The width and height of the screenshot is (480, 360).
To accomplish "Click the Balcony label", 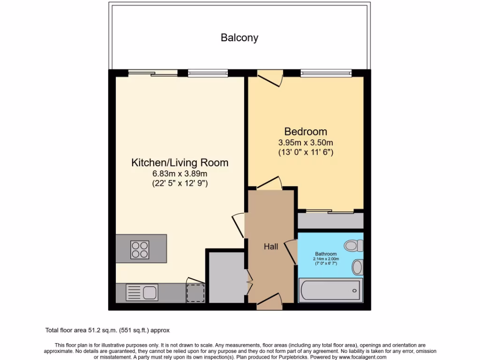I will pos(240,38).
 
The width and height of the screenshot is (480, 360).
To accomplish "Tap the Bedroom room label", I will pos(306,132).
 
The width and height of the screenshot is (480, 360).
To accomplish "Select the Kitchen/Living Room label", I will pos(180,163).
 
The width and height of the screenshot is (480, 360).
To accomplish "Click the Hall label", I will pos(270,247).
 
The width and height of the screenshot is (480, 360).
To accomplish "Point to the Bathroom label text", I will pos(326,254).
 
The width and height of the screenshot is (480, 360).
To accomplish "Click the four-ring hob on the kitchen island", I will pos(140,249).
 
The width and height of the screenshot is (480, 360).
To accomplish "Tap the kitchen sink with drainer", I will pos(142,293).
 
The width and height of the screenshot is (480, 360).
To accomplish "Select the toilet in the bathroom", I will pos(354,245).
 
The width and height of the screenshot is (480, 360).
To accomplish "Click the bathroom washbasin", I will pos(358,267).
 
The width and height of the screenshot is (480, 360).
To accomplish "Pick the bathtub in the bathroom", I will pos(330,290).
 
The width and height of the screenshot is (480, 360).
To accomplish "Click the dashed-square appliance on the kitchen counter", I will pos(195,292).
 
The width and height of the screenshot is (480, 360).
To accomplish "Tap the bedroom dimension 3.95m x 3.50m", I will pos(306,142).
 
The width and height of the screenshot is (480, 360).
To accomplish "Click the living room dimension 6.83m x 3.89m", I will pos(180,174).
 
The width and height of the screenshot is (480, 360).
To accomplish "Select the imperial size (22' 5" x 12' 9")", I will pos(180,183).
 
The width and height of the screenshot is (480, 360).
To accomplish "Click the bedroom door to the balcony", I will pos(270,77).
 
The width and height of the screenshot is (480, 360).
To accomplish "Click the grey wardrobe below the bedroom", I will pos(330,221).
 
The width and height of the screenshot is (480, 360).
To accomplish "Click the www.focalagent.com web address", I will pos(360,357).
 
